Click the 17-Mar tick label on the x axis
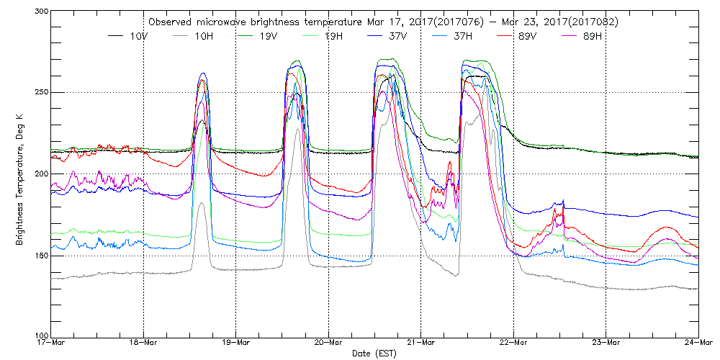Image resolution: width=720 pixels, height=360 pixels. coord(50,343)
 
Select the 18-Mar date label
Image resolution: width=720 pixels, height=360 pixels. coord(143,343)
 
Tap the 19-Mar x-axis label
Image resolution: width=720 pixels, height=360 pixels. coord(236,343)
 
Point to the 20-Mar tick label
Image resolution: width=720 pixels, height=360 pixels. coord(328,343)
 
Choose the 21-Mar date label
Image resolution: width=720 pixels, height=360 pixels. coord(420,343)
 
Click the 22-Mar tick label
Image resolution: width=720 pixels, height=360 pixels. coord(513,343)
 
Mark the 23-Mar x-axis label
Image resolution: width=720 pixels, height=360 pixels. coord(606,343)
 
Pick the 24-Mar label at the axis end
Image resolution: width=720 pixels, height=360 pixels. coord(698,343)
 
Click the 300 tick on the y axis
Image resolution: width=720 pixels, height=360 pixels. coord(40,12)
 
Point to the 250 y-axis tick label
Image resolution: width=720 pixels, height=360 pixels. coord(40,93)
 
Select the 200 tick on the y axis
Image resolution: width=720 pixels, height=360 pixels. coord(40,174)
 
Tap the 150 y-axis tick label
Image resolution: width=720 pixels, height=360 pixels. coord(40,256)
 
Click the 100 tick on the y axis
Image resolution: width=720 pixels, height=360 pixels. coord(40,336)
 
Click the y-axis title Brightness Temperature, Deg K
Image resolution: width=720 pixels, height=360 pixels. coord(19,174)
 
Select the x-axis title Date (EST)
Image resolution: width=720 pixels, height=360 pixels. coord(374,353)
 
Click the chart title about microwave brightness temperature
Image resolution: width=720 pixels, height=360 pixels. coord(382,22)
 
